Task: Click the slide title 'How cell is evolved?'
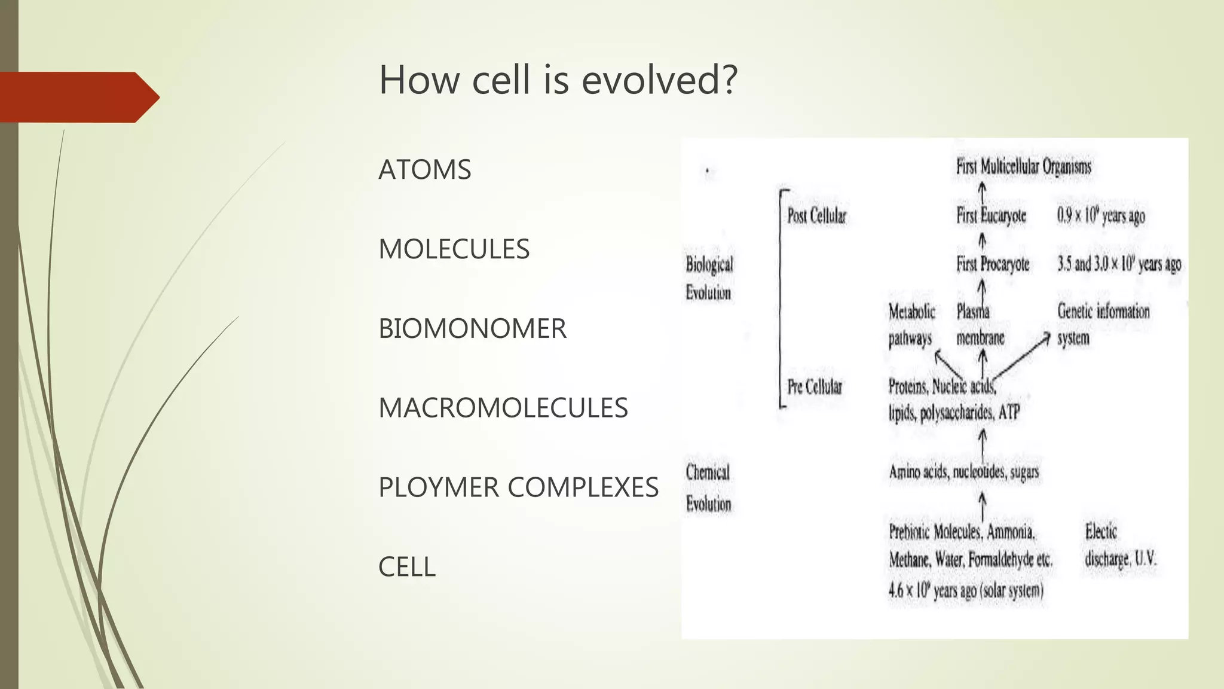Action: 558,80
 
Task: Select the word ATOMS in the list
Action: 425,170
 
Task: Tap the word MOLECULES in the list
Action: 454,249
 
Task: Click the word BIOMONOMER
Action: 472,329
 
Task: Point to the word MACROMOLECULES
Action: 503,408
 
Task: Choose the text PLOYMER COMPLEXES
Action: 518,487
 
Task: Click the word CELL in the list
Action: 406,567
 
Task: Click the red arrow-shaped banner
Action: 78,97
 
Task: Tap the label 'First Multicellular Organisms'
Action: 1023,166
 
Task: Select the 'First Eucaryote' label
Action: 991,215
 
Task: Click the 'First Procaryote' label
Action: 993,264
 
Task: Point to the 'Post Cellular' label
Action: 816,216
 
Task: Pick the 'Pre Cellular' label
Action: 815,387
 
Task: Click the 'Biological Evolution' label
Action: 709,278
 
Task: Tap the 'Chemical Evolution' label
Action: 708,488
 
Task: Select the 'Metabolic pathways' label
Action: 911,325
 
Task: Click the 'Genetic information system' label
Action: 1103,324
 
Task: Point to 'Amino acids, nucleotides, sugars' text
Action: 963,472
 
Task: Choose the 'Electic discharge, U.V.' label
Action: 1120,545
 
